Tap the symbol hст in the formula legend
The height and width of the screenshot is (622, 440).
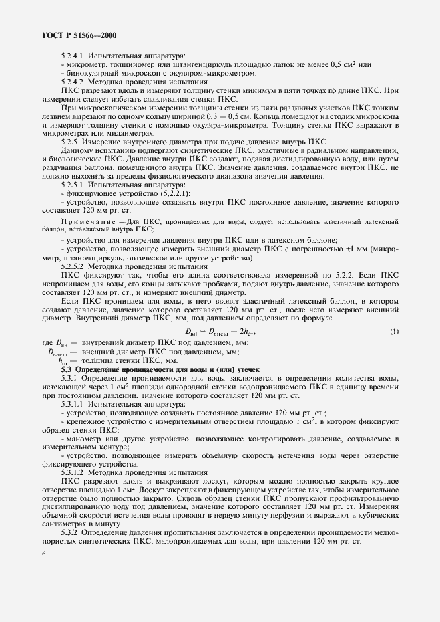(x=63, y=360)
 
